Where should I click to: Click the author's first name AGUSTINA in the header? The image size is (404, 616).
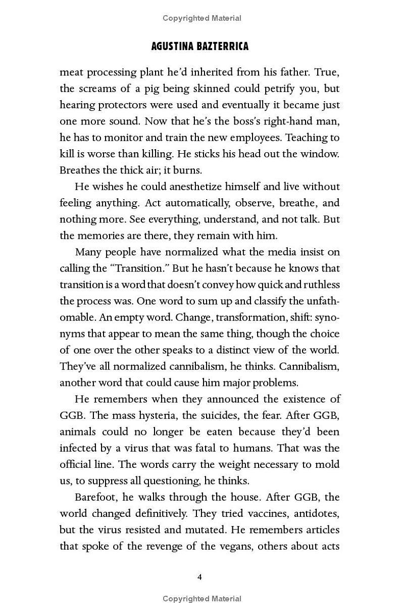(174, 47)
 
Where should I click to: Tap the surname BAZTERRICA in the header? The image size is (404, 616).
(224, 47)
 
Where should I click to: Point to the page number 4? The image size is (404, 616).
(200, 577)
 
